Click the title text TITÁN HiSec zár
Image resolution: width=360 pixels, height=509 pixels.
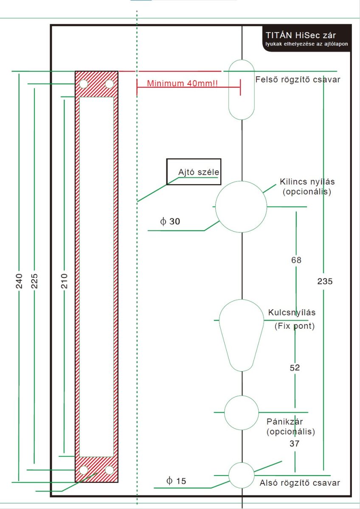pos(301,35)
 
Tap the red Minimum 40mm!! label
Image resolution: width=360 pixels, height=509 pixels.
pos(182,84)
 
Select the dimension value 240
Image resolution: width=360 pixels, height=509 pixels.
pos(19,281)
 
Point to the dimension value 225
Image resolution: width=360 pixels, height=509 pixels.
pos(34,281)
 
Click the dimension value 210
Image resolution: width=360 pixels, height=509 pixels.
pos(65,281)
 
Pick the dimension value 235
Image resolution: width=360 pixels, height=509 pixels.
pos(325,281)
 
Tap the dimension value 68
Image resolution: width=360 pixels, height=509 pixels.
pos(296,260)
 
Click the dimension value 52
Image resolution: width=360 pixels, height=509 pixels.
pos(295,368)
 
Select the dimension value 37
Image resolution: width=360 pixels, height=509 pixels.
pos(295,443)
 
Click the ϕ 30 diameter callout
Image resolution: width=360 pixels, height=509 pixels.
pos(170,221)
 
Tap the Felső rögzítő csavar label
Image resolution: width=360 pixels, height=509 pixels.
pos(298,80)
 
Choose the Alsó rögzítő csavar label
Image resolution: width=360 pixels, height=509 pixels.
pos(300,483)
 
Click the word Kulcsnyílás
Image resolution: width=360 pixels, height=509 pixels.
pos(292,313)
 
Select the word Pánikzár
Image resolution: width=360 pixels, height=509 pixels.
pos(284,422)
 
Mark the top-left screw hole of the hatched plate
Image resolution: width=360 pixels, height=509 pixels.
pos(84,84)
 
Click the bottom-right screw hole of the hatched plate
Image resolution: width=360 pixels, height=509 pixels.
pos(110,470)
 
